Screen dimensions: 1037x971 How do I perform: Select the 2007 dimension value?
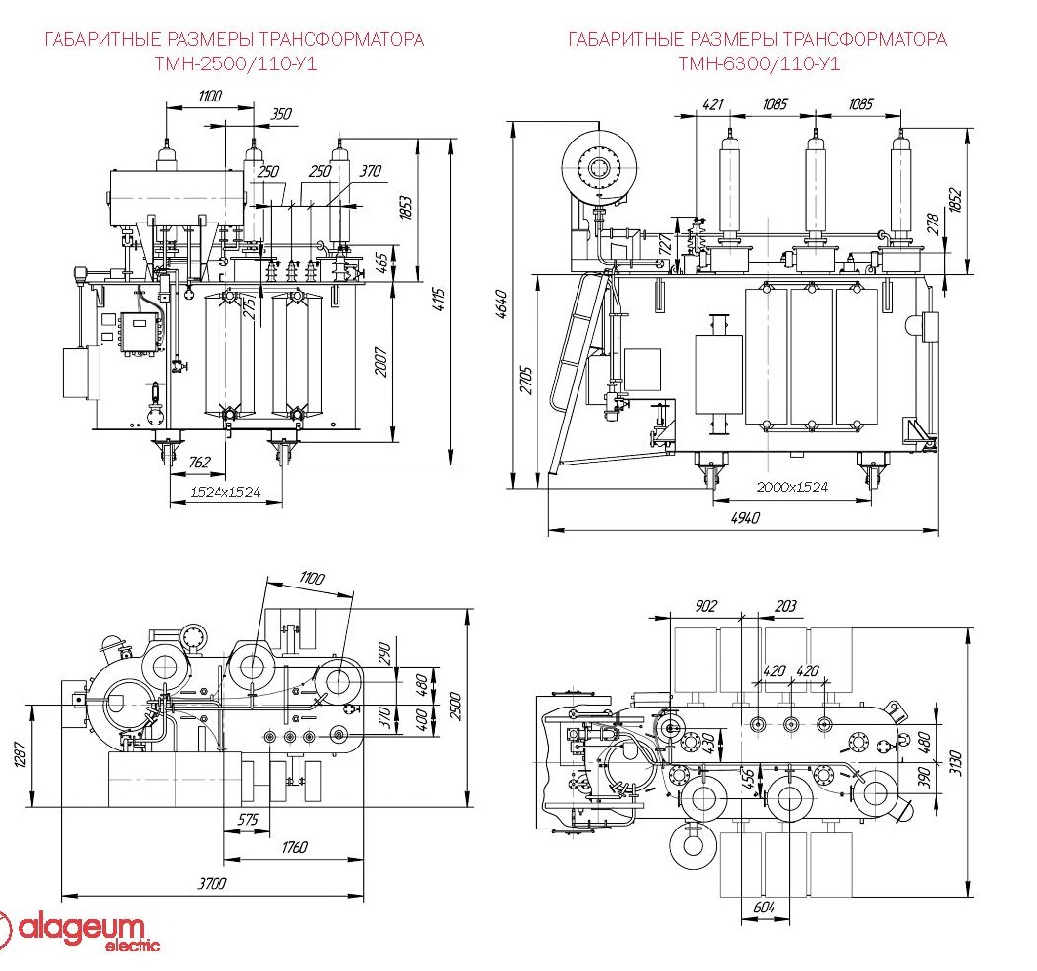[x=381, y=362]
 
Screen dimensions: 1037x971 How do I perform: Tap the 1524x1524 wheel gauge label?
[x=225, y=492]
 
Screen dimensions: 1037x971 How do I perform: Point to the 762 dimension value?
[x=199, y=462]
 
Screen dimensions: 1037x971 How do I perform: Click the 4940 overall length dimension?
[x=745, y=518]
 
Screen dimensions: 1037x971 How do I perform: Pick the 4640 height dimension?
[x=502, y=303]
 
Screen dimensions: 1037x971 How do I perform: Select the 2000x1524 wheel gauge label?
[x=792, y=487]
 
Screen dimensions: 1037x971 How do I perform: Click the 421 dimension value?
[x=713, y=103]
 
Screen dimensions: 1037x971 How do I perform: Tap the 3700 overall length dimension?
[x=213, y=884]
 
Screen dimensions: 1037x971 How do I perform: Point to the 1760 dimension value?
[x=295, y=847]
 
